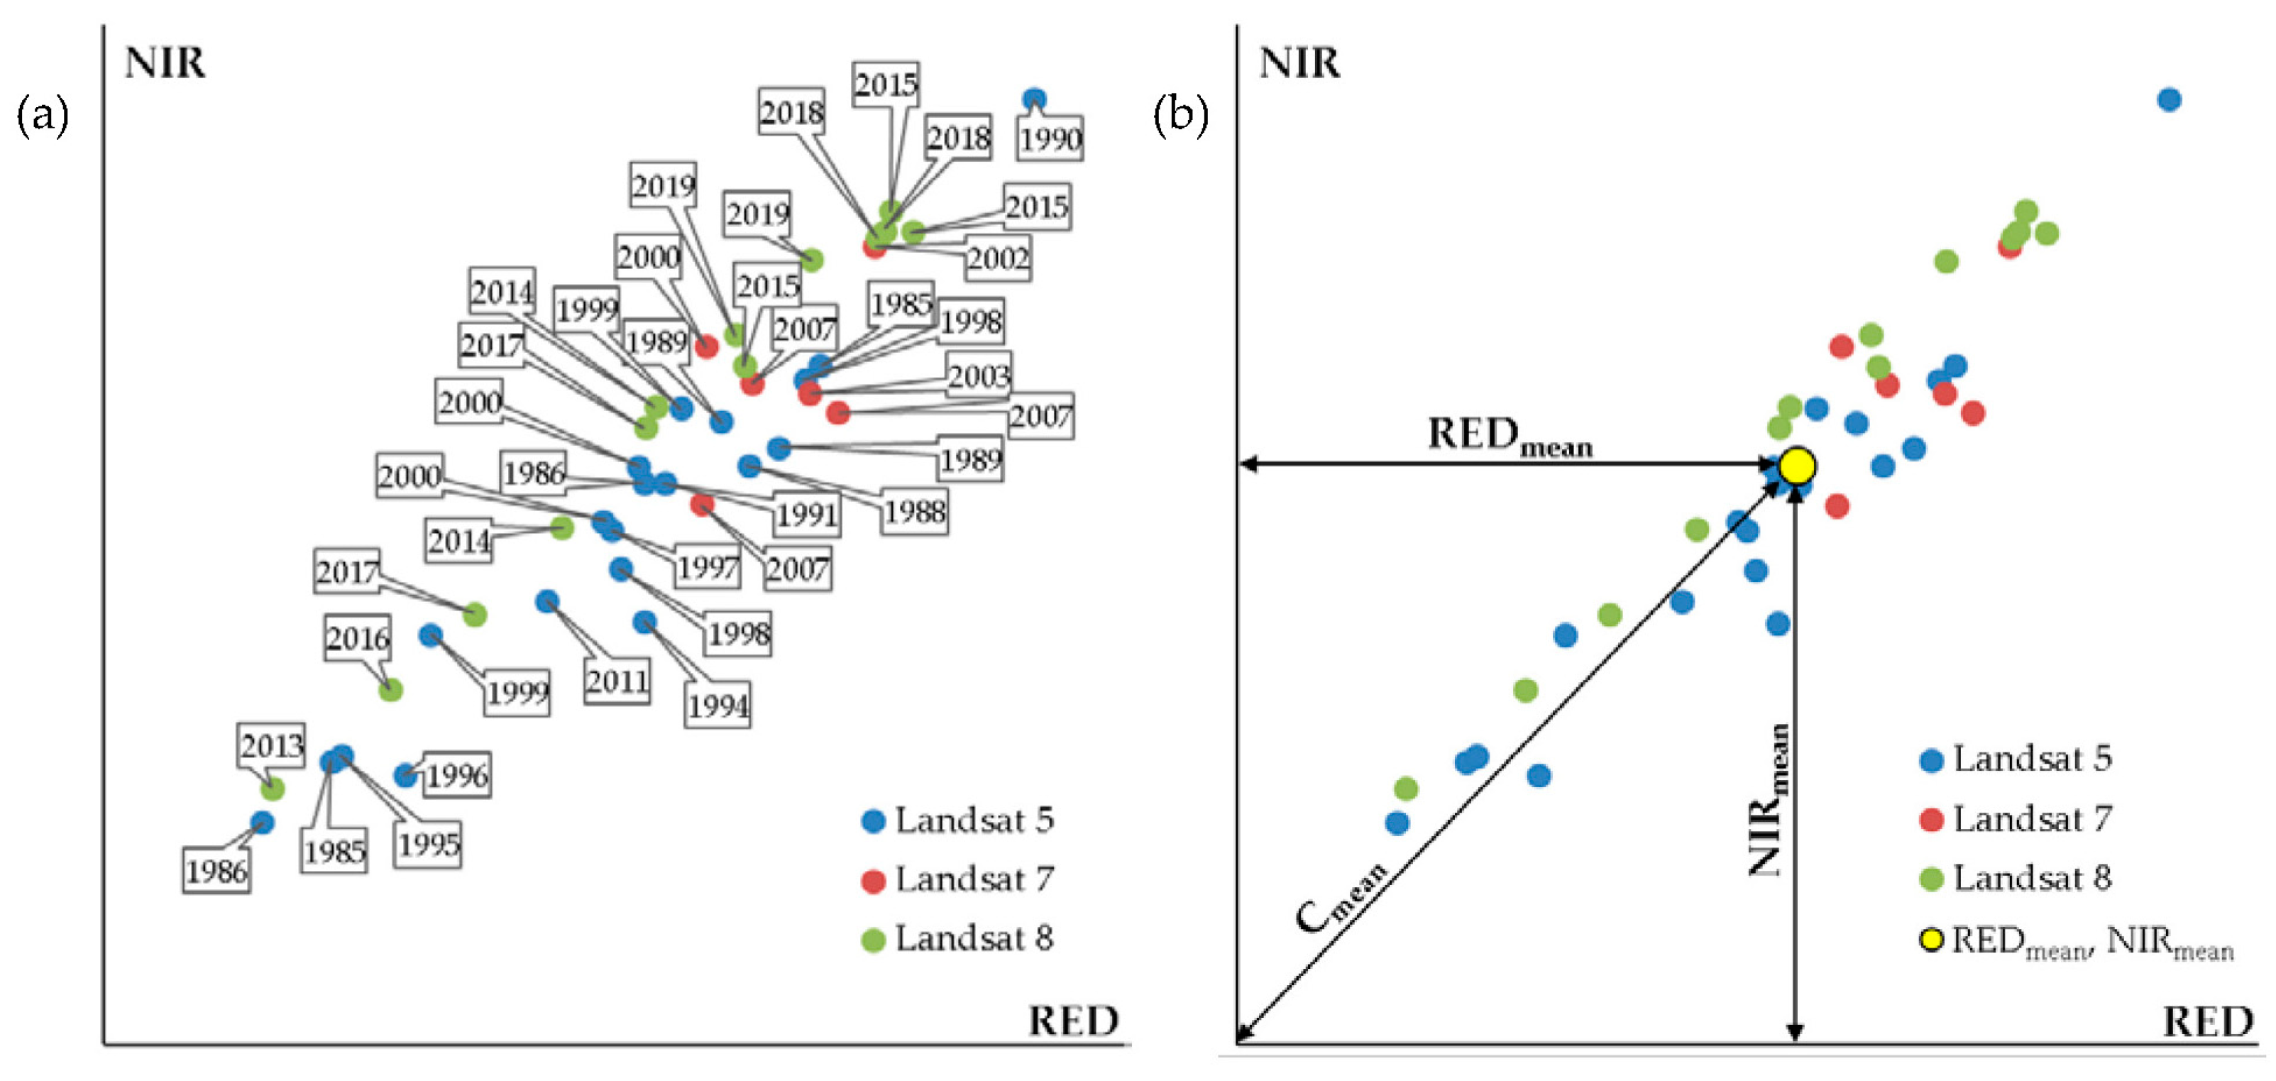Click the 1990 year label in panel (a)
tap(1050, 139)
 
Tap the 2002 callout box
tap(998, 259)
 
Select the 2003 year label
tap(979, 375)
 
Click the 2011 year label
tap(617, 681)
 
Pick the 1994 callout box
tap(718, 706)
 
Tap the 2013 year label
tap(272, 746)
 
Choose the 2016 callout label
tap(358, 637)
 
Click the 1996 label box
tap(456, 776)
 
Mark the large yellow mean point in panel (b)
tap(1796, 465)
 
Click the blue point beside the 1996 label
tap(405, 775)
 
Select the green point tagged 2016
tap(390, 689)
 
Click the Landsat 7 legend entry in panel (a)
tap(959, 879)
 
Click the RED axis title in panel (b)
tap(2207, 1022)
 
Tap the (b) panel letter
tap(1180, 115)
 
